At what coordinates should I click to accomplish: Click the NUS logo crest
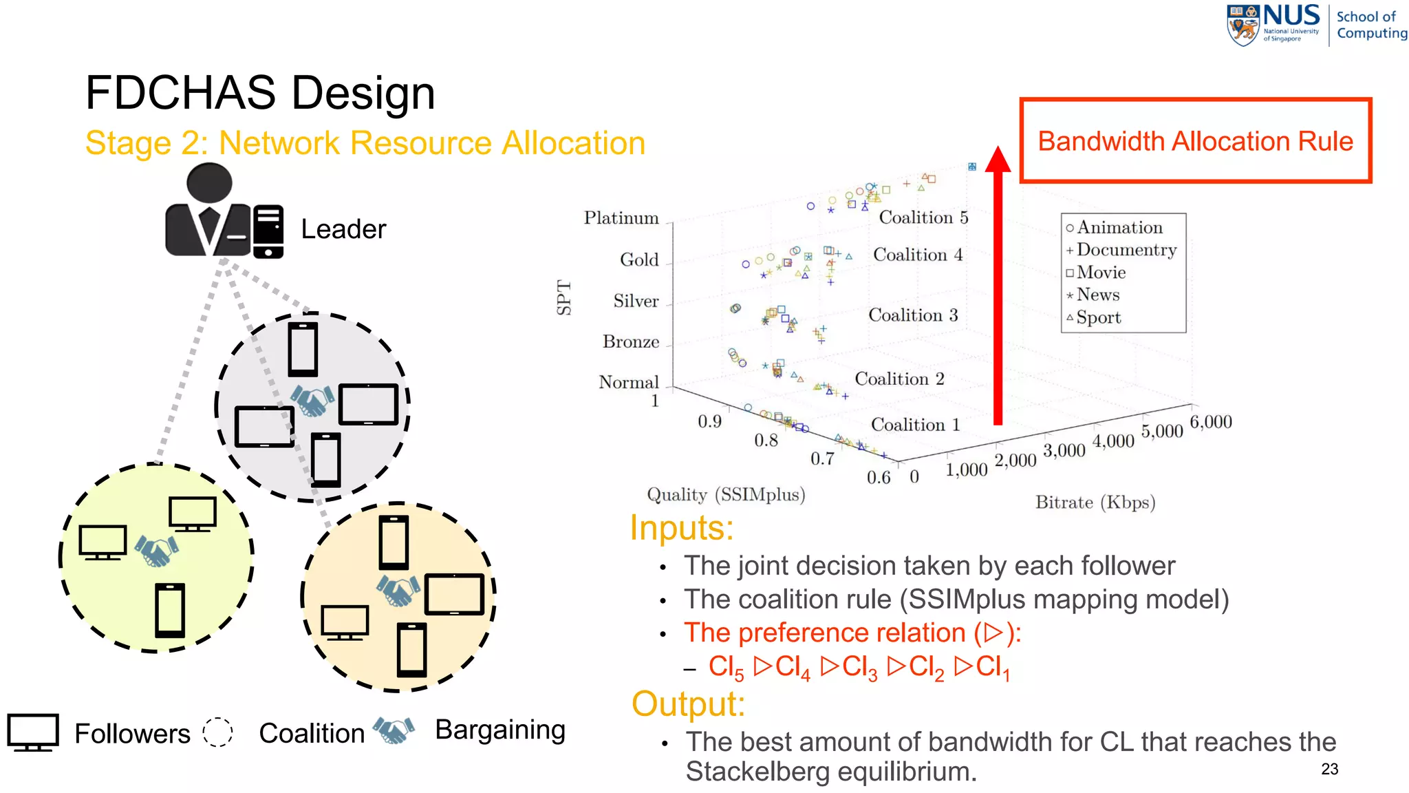[1243, 25]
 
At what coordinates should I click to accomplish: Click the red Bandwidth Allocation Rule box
[1195, 141]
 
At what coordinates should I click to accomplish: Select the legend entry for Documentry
[1126, 250]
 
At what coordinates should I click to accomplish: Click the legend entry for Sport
[1098, 317]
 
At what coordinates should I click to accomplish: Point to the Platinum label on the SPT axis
[621, 218]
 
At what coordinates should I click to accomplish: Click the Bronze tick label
[630, 342]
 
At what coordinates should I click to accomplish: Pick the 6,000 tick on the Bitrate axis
[1210, 421]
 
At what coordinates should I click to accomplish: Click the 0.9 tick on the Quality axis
[709, 421]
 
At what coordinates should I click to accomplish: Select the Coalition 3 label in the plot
[912, 315]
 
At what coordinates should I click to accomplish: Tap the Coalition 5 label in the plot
[923, 218]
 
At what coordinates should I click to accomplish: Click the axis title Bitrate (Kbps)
[1095, 503]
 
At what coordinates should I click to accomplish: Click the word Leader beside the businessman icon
[343, 229]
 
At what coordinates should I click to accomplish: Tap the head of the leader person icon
[209, 183]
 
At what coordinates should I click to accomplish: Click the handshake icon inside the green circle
[157, 551]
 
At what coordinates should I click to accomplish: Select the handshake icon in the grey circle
[312, 401]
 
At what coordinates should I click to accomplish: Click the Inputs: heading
[681, 528]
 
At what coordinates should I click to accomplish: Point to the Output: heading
[688, 704]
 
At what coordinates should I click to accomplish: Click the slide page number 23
[1329, 769]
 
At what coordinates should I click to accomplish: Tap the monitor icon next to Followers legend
[33, 732]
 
